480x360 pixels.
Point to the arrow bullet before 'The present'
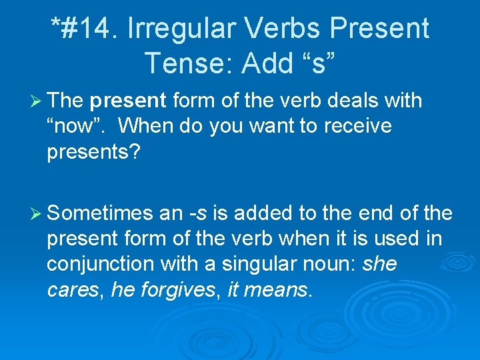36,101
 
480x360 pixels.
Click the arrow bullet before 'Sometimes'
36,214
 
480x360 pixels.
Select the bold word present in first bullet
128,101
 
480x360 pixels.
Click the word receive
359,126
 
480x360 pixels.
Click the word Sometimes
100,214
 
